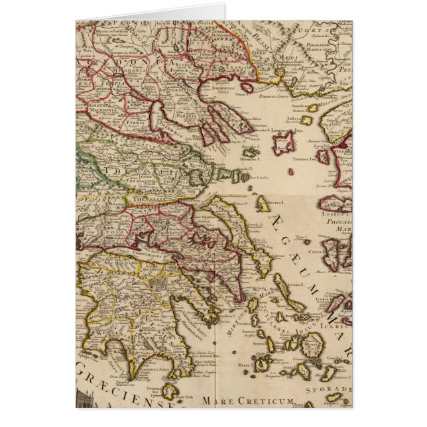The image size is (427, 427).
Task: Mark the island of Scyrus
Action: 263,204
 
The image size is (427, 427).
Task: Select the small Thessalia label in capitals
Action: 146,198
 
